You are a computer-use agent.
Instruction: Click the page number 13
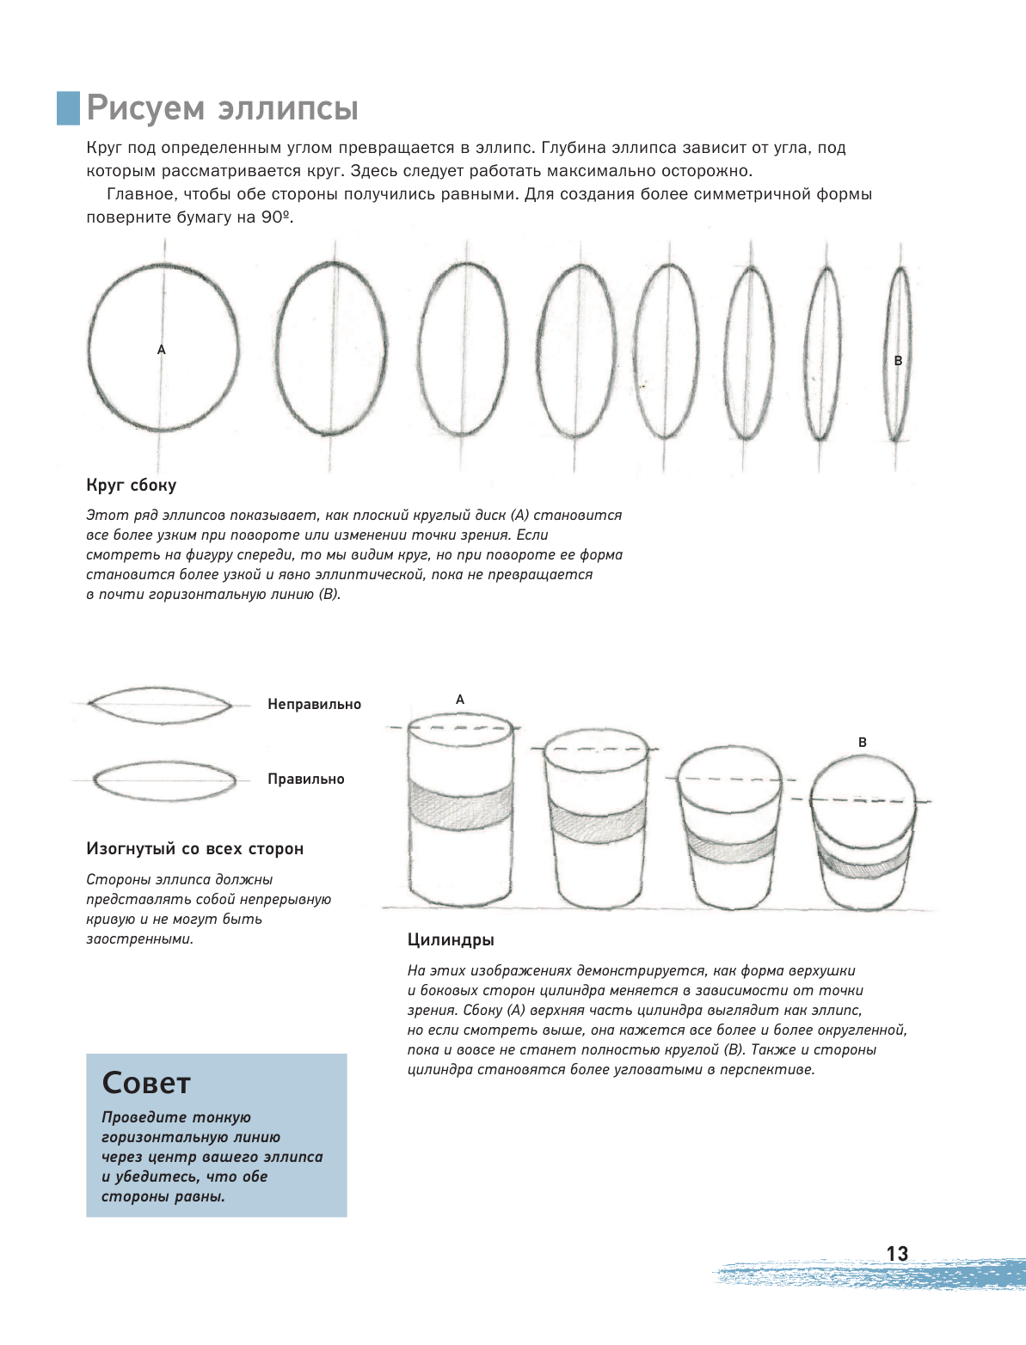click(897, 1254)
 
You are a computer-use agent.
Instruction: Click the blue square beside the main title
click(68, 108)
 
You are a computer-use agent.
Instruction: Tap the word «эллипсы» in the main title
click(288, 109)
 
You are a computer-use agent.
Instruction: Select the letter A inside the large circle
click(161, 350)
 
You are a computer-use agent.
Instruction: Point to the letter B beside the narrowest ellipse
click(898, 361)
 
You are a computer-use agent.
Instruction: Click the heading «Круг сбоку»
click(132, 485)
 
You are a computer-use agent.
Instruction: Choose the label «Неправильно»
click(314, 704)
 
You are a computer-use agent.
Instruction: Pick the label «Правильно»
click(305, 779)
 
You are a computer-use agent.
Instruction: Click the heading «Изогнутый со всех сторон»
click(194, 848)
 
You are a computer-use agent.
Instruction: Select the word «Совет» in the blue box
click(146, 1083)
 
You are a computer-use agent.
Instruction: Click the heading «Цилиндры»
click(451, 939)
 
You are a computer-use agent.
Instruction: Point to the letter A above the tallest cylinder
click(460, 700)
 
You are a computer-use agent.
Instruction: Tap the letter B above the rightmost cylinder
click(863, 742)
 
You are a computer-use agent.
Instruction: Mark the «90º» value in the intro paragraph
click(275, 217)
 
